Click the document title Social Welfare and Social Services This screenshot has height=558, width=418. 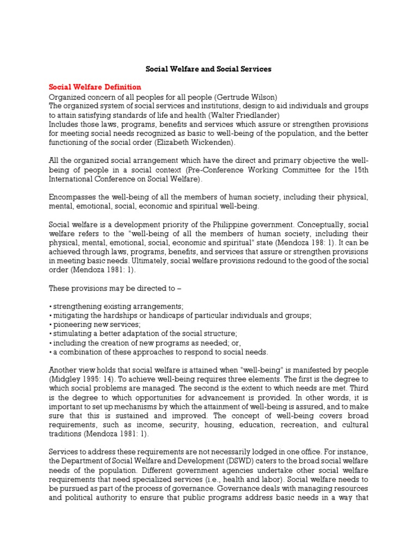pos(208,70)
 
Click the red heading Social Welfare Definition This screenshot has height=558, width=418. pos(95,87)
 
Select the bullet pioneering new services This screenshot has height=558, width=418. pos(95,324)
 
